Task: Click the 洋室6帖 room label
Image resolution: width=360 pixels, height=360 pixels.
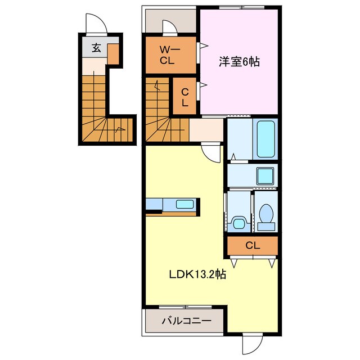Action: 239,62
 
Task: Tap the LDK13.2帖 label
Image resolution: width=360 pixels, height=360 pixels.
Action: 198,275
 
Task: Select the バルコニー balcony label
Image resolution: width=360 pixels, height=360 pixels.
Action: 186,321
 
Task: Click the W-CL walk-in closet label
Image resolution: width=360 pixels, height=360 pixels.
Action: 169,55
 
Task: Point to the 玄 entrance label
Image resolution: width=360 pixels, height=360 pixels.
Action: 96,48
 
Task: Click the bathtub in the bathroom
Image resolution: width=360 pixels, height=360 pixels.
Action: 265,138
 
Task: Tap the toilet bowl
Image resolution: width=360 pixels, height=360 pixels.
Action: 265,214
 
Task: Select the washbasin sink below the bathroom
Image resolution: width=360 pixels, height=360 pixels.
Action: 264,176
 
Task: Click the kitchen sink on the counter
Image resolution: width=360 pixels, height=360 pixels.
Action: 183,204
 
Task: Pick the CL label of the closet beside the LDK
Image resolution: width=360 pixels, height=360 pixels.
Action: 253,245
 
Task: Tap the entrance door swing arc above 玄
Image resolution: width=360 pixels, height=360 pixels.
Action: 93,26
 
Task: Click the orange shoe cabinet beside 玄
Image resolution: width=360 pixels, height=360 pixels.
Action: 113,54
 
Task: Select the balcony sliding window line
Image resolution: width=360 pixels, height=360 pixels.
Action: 186,307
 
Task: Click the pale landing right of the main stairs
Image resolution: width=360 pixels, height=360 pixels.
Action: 206,130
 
